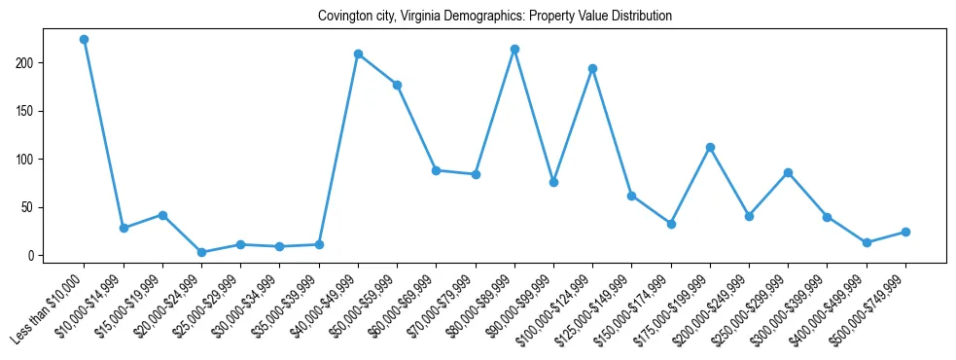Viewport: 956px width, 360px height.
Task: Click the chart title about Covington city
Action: [x=495, y=17]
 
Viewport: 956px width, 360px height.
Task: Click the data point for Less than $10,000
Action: [x=85, y=40]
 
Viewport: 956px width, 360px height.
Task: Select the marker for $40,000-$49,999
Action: [x=358, y=54]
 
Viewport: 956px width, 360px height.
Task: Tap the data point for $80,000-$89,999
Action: [x=514, y=49]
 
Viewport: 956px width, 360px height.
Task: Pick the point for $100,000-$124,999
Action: [x=592, y=68]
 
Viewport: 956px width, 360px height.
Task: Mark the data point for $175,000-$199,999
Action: [x=710, y=147]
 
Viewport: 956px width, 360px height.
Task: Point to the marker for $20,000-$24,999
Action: [x=201, y=252]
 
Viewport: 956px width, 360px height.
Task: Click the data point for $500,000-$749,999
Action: [x=905, y=232]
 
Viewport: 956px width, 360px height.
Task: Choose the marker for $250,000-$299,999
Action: [x=788, y=172]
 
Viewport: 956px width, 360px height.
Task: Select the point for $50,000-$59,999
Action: [x=397, y=85]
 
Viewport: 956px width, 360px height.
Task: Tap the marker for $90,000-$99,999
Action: [x=553, y=182]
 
